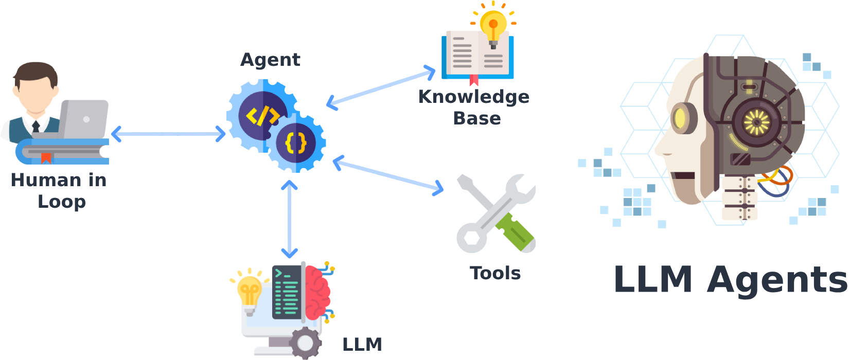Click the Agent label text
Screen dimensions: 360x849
[x=270, y=60]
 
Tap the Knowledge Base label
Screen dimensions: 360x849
[x=474, y=107]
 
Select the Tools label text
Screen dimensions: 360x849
[x=495, y=273]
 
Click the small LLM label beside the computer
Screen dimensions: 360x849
[x=362, y=344]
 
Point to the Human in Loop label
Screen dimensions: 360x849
[x=59, y=190]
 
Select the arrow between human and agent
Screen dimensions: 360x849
[x=168, y=134]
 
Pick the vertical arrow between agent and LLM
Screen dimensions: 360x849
[x=290, y=220]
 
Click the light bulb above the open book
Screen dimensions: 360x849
[x=493, y=26]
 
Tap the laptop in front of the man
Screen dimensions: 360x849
[x=84, y=119]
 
